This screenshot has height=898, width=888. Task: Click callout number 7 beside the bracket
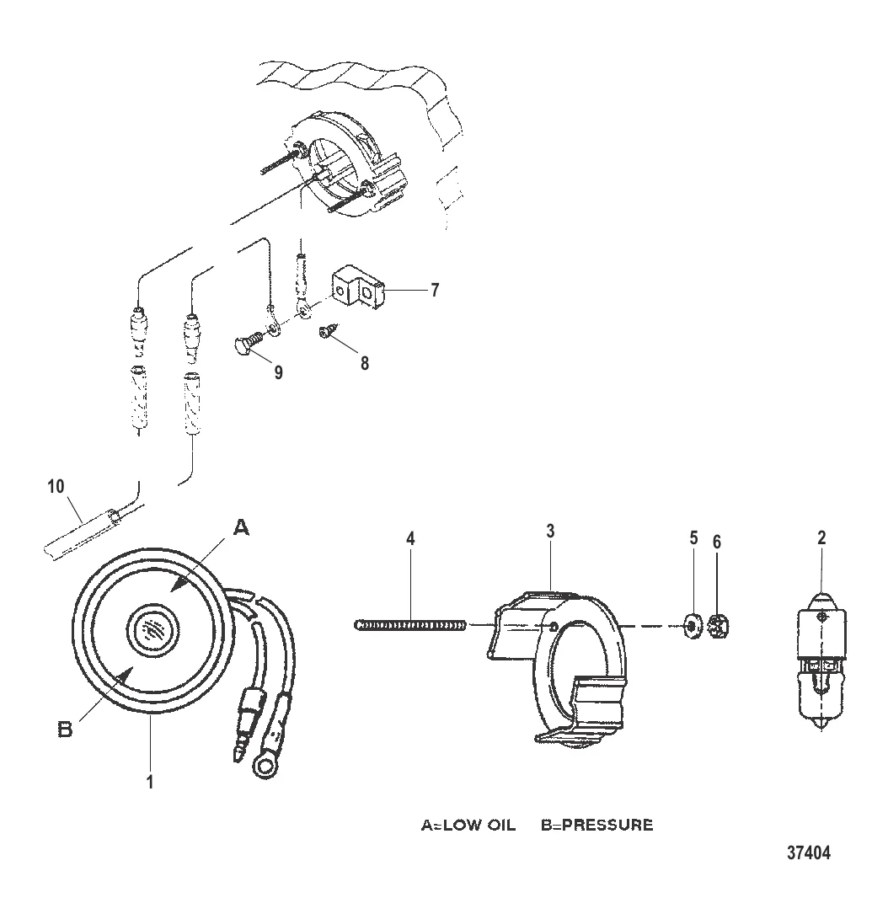pyautogui.click(x=435, y=290)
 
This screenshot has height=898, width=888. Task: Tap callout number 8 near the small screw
pyautogui.click(x=364, y=362)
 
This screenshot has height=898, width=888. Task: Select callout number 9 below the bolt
pyautogui.click(x=278, y=372)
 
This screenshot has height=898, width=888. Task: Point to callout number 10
pyautogui.click(x=56, y=486)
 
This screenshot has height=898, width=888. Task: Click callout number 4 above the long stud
pyautogui.click(x=410, y=538)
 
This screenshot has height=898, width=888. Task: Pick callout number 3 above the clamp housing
pyautogui.click(x=550, y=531)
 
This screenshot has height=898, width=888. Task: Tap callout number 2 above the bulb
pyautogui.click(x=821, y=537)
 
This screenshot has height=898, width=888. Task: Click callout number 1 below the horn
pyautogui.click(x=150, y=782)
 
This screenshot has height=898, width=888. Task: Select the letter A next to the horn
pyautogui.click(x=242, y=527)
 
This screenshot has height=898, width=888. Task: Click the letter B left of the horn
pyautogui.click(x=66, y=730)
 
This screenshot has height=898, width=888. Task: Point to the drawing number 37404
pyautogui.click(x=808, y=853)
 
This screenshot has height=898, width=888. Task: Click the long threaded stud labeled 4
pyautogui.click(x=411, y=625)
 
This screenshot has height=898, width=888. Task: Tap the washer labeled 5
pyautogui.click(x=693, y=626)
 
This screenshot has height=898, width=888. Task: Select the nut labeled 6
pyautogui.click(x=719, y=625)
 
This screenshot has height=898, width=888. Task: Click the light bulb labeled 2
pyautogui.click(x=822, y=660)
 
